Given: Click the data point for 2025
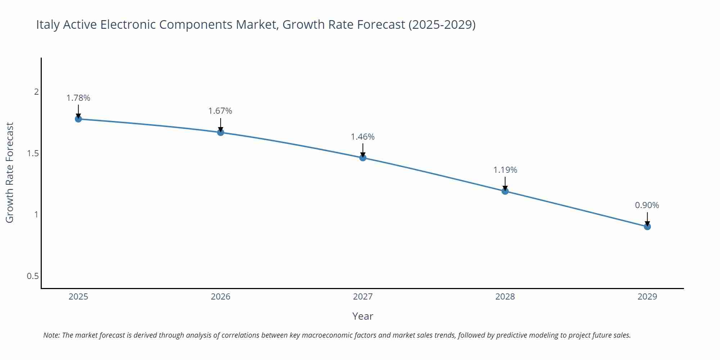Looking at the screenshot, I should (78, 119).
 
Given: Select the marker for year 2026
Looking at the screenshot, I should (221, 132).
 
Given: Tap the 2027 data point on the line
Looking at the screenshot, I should (363, 158).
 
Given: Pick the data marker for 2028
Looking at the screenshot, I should (505, 191).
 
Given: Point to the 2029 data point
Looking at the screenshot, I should (647, 226).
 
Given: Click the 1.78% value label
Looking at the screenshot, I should (78, 98).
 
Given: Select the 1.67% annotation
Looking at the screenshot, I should (220, 111).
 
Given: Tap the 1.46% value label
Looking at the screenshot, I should (363, 137).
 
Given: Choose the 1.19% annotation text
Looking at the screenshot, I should (505, 170).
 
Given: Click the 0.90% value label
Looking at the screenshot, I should (647, 205).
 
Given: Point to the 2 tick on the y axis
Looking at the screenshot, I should (36, 92).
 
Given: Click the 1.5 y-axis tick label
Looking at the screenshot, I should (33, 153).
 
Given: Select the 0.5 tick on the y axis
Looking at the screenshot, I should (33, 276).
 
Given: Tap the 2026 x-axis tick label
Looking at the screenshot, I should (221, 297).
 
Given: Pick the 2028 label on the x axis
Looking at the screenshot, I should (505, 297).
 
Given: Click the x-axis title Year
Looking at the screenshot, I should (363, 316).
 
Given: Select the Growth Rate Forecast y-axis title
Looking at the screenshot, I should (10, 172).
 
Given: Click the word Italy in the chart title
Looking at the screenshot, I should (48, 25).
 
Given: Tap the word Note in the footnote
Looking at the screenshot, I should (51, 335).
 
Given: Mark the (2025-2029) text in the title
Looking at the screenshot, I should (442, 25).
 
